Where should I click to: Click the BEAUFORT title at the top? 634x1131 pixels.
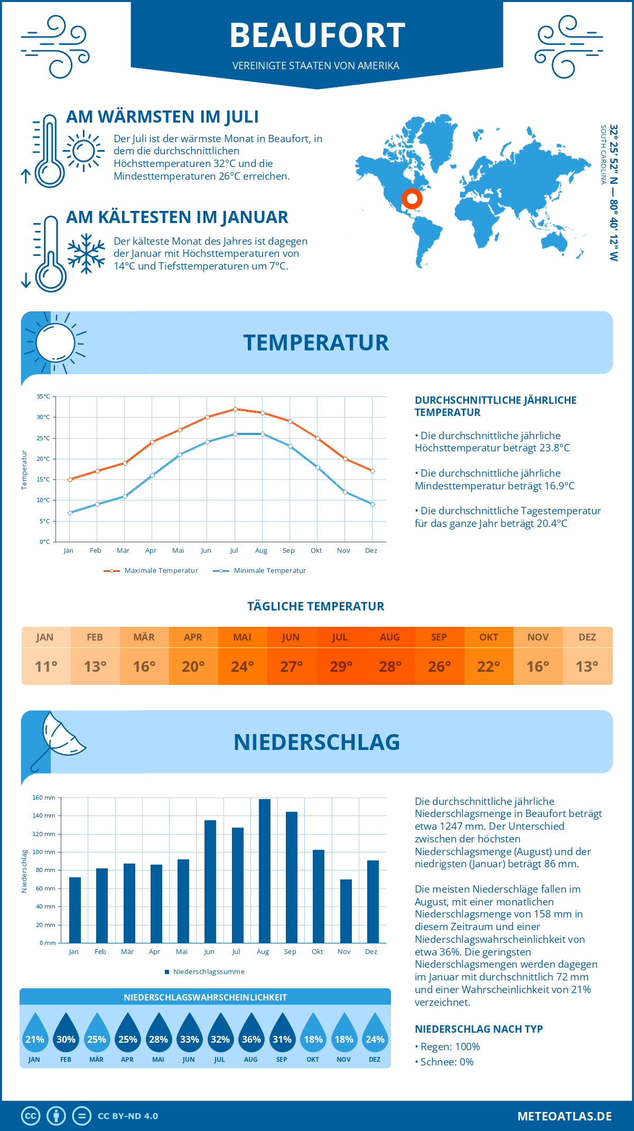pos(317,35)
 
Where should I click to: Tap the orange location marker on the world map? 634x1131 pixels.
pos(412,199)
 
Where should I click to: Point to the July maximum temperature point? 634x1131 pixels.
pos(235,409)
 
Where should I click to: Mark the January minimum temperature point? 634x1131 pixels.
pos(70,513)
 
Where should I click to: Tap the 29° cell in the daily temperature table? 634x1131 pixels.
pos(341,666)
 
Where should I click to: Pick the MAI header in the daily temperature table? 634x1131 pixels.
pos(242,637)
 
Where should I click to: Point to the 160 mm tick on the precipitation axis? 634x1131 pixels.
pos(44,798)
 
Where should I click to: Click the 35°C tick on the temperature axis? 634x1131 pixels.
pos(43,396)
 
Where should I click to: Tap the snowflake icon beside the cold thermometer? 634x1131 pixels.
pos(86,254)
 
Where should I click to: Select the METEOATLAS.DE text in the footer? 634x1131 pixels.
pos(564,1116)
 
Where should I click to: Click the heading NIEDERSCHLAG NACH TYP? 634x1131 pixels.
pos(479,1029)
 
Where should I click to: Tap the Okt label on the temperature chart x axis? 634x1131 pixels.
pos(316,551)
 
